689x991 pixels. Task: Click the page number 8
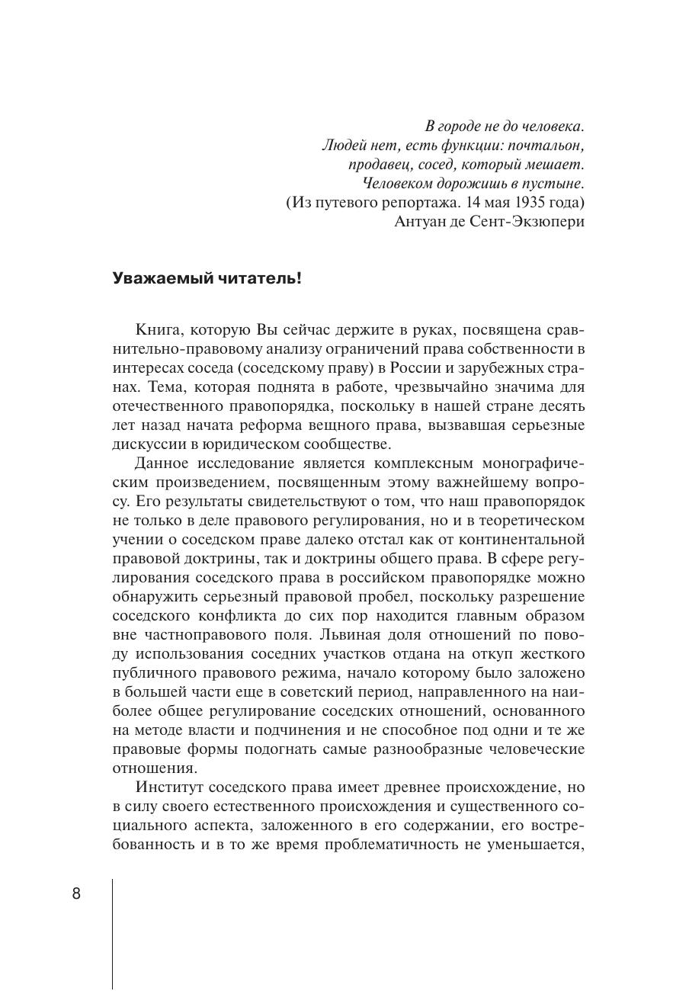pyautogui.click(x=76, y=894)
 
